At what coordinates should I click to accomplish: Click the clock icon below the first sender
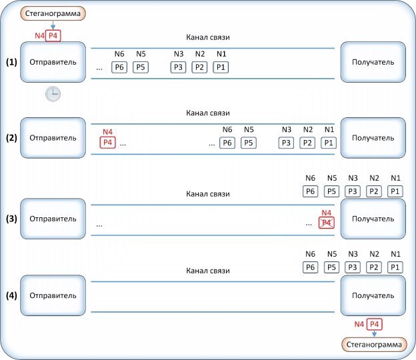53,93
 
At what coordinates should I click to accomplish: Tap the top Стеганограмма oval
53,13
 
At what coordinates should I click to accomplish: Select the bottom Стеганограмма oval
374,345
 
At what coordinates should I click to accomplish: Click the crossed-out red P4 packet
326,223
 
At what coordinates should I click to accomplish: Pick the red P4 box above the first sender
53,36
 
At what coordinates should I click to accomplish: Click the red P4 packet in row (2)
108,143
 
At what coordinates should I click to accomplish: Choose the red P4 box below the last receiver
375,324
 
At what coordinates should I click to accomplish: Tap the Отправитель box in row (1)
53,62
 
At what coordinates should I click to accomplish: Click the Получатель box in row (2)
373,138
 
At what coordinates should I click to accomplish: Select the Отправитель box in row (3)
53,219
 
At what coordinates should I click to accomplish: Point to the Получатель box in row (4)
373,295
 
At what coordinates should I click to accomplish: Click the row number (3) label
11,219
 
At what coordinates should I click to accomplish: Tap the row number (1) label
11,62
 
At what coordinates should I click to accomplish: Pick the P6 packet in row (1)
119,67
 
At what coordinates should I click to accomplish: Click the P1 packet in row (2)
329,143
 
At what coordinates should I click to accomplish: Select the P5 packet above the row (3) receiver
331,191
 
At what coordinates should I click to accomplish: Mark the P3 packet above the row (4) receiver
353,267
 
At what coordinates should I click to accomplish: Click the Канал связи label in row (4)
208,271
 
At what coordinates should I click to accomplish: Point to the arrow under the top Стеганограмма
53,25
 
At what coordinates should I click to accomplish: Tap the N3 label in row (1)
179,54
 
